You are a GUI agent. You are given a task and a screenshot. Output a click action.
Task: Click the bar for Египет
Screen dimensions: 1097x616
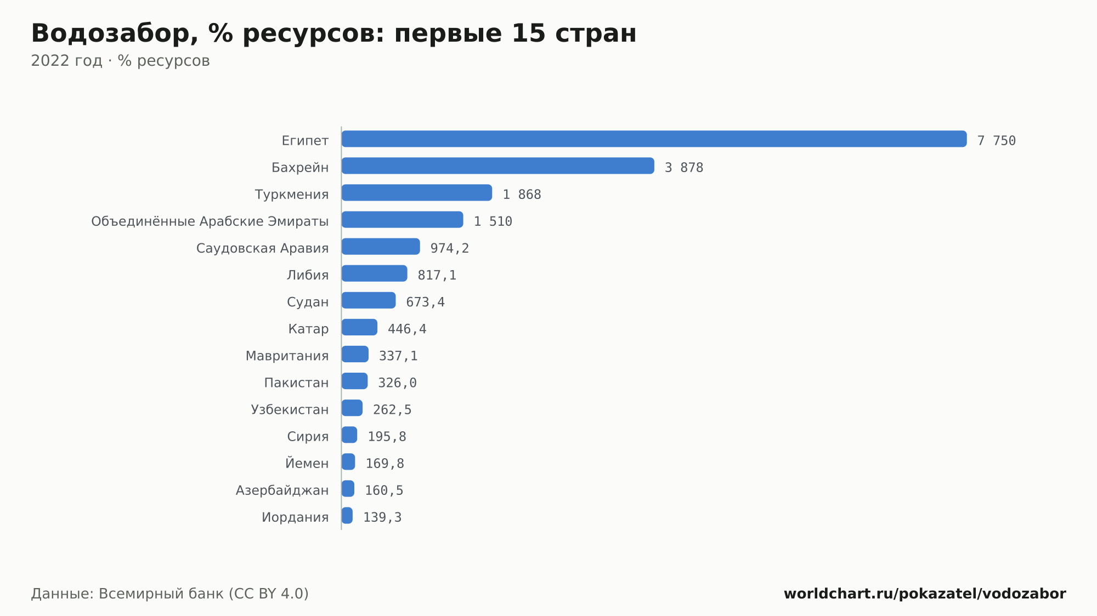point(654,139)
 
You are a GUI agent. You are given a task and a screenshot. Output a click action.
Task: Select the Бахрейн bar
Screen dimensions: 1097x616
point(498,166)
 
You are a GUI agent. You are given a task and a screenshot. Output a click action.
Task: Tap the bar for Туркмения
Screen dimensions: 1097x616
point(417,192)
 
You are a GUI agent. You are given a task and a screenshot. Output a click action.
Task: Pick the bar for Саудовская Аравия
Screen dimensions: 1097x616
point(381,246)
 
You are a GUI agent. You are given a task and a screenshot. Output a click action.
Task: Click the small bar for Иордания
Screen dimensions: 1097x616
point(347,515)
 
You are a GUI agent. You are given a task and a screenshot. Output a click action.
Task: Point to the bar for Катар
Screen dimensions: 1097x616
point(359,327)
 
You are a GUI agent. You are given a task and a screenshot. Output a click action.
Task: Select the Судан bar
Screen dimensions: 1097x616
point(369,300)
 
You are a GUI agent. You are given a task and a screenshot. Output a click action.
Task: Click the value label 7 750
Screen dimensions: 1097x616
point(997,141)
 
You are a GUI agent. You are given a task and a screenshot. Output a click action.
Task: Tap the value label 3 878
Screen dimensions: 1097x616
point(684,168)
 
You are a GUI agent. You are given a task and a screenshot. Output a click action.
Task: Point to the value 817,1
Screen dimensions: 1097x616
point(437,275)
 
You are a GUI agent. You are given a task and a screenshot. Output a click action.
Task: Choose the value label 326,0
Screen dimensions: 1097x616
point(398,383)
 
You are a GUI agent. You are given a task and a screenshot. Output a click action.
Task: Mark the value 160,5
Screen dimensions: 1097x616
point(384,490)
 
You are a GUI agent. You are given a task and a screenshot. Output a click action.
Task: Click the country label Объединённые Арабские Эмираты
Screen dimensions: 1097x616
point(210,221)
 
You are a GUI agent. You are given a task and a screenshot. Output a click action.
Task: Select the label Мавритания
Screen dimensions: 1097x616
point(287,356)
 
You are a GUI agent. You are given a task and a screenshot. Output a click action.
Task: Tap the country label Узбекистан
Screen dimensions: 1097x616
point(290,410)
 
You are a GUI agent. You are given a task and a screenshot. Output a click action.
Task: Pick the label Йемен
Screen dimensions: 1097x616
point(307,463)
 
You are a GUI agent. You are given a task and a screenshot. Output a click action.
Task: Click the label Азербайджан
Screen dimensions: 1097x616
point(282,490)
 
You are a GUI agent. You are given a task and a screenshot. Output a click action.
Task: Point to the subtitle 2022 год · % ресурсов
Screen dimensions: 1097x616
point(120,61)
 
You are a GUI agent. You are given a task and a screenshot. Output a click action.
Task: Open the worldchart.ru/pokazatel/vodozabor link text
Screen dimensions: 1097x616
point(925,594)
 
